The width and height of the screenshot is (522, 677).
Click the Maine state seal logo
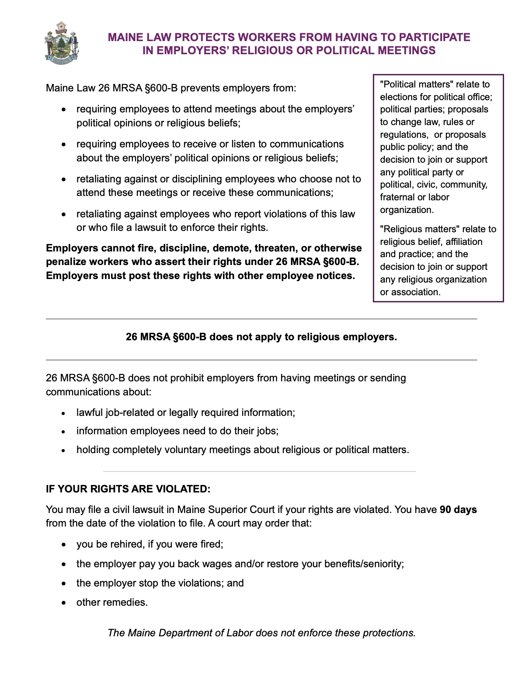click(61, 43)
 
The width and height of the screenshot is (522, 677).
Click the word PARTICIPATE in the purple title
click(434, 37)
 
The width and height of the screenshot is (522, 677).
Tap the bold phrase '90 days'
click(458, 509)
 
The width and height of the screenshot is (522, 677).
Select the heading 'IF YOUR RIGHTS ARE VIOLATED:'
click(128, 489)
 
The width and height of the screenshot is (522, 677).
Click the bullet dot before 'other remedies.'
click(64, 603)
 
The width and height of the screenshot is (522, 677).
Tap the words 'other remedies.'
click(112, 602)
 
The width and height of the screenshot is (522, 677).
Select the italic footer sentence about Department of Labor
click(261, 633)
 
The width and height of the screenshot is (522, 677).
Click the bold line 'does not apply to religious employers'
click(261, 337)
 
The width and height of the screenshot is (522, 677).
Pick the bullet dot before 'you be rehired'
click(64, 544)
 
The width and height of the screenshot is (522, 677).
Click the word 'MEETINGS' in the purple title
click(407, 50)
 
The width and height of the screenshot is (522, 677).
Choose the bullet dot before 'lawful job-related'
click(64, 413)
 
